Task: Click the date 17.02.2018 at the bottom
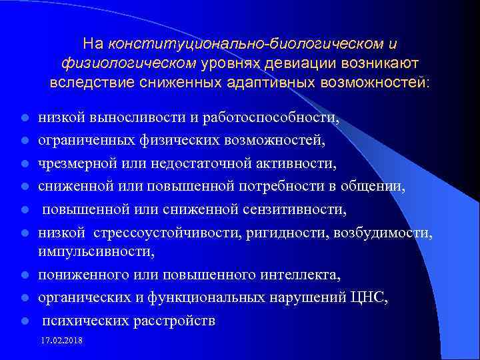66,341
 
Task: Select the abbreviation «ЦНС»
371,297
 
